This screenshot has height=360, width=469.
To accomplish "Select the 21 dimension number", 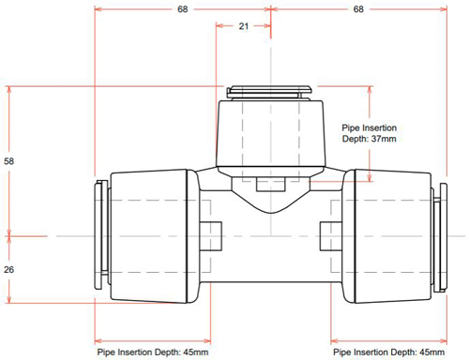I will pyautogui.click(x=243, y=26).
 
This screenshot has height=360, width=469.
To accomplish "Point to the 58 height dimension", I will pyautogui.click(x=9, y=161).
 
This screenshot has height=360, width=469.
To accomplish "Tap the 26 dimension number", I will pyautogui.click(x=9, y=269).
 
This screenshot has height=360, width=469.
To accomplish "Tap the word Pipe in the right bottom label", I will pyautogui.click(x=343, y=352).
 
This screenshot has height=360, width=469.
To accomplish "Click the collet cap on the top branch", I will pyautogui.click(x=270, y=92).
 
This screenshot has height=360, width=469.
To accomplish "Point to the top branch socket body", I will pyautogui.click(x=270, y=136).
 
